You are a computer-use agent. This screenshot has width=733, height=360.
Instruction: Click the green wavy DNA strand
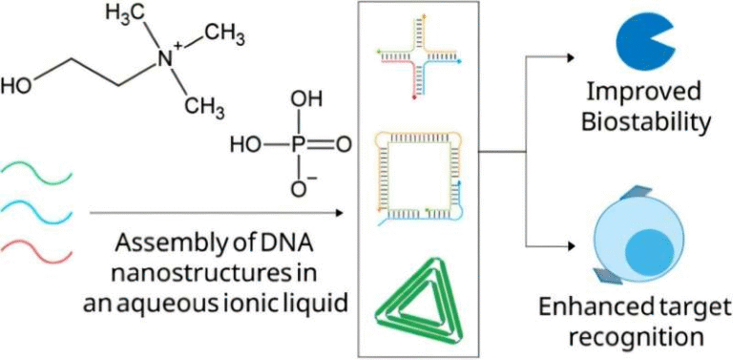37,173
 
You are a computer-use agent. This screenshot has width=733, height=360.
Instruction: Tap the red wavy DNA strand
37,250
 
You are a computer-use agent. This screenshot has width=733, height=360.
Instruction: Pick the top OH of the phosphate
299,99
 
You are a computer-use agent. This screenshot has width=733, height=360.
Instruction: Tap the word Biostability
649,122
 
